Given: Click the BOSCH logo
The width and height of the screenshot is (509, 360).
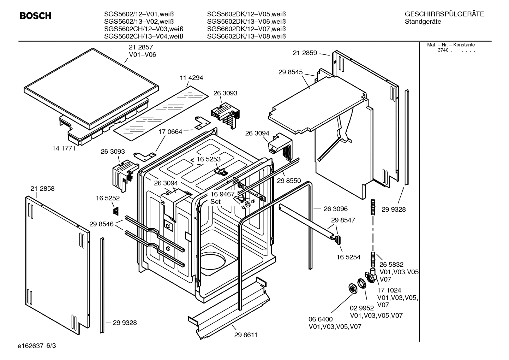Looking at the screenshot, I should pos(35,16).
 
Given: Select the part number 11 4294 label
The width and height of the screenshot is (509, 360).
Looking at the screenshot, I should pos(191,78).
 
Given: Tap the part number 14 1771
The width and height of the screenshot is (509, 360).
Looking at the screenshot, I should pos(64,148).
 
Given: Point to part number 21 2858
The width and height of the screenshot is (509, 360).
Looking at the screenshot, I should pos(42,189).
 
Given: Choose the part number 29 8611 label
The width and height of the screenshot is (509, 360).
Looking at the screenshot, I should pos(246,335).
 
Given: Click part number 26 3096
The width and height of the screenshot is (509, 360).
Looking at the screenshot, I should pos(335,209).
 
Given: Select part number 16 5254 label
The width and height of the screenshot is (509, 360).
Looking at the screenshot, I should pos(348,257).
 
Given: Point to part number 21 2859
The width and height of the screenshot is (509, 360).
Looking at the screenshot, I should pos(305,53).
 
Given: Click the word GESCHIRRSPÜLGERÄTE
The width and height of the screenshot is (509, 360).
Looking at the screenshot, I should pos(444,14).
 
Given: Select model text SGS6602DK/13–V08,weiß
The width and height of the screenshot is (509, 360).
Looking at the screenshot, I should pos(246,36).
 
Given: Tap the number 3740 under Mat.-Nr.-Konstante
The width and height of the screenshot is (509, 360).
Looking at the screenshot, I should pos(443,50).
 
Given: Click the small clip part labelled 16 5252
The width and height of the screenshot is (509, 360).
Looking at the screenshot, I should pos(115,211).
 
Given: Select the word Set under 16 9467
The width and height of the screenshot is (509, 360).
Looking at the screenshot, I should pos(215,202).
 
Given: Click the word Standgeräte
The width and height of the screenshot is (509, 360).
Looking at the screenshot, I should pos(423,22).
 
